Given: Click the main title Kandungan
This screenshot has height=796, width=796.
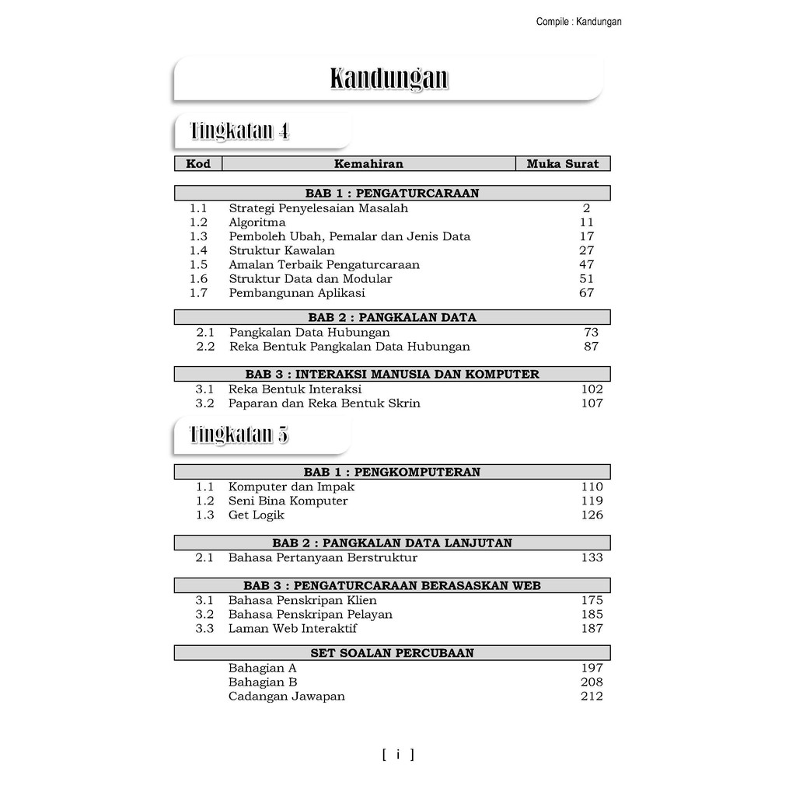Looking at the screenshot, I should (389, 79).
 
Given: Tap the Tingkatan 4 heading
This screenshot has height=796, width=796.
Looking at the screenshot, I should (239, 131).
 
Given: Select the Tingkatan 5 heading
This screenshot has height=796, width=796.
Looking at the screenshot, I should (239, 435).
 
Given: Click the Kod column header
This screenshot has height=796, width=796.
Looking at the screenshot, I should (198, 164).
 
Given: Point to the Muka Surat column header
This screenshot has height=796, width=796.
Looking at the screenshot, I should (563, 164).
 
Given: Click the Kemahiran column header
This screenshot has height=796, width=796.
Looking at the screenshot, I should (368, 164).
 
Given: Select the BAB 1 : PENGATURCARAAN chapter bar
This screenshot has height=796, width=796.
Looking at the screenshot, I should (392, 193).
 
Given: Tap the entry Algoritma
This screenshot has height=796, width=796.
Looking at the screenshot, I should (257, 222).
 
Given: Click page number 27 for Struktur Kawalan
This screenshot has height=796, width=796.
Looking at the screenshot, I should (586, 250).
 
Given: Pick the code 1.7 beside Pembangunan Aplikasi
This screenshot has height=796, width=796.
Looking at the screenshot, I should (198, 293).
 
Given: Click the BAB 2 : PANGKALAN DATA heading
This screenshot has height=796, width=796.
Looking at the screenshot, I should (392, 317).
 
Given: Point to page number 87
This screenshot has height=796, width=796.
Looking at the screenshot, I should (591, 347).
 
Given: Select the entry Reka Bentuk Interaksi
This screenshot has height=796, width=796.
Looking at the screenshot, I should (295, 389).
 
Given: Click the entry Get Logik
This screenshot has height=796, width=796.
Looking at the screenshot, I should (256, 515).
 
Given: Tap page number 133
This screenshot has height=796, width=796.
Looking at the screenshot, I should (592, 557).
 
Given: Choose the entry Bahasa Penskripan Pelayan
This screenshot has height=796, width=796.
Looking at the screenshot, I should (310, 614).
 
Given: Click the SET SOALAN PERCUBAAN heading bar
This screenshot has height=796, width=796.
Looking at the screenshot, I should (392, 653).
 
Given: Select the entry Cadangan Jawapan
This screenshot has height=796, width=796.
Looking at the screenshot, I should (286, 696).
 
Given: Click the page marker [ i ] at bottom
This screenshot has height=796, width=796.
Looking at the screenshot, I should (398, 754).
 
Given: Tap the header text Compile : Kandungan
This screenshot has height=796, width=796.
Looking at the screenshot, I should (578, 22).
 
